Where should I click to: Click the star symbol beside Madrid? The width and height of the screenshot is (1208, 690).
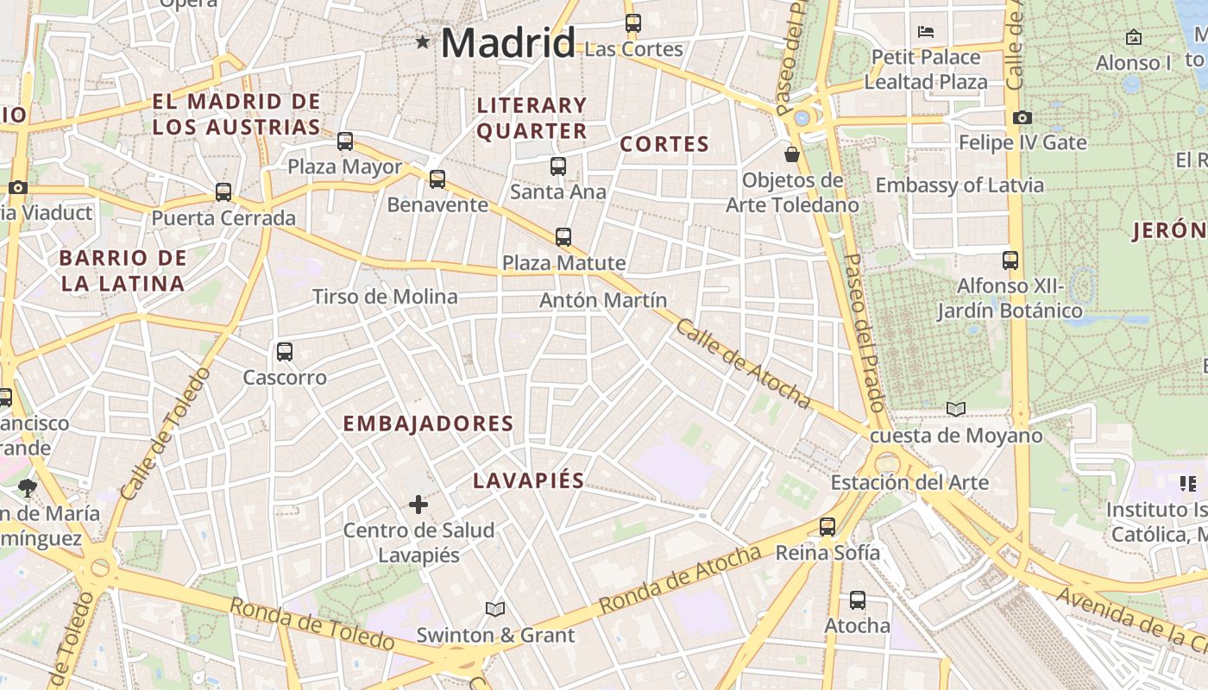tap(422, 41)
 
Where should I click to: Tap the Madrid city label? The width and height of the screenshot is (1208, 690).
tap(507, 42)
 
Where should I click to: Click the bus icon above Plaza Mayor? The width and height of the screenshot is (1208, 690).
tap(345, 141)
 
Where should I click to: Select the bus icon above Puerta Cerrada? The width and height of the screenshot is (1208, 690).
tap(223, 192)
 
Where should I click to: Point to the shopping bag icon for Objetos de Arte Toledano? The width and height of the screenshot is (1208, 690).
tap(791, 154)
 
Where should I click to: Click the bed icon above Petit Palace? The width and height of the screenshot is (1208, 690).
tap(926, 32)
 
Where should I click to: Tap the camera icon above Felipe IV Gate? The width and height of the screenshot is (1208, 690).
tap(1022, 117)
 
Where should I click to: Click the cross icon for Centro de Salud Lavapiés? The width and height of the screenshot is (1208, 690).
tap(418, 505)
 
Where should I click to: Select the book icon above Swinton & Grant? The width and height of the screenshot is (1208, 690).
tap(494, 610)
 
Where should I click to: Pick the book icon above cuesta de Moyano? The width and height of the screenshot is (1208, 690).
tap(955, 410)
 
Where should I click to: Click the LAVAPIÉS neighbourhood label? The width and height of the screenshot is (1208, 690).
tap(528, 481)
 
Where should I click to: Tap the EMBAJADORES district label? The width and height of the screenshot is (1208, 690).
tap(428, 423)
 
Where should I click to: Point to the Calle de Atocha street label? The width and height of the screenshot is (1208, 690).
tap(743, 364)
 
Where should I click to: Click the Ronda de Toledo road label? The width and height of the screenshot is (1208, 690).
tap(311, 624)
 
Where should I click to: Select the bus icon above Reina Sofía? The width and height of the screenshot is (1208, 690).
tap(827, 527)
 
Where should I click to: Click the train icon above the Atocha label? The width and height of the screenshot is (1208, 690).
tap(857, 600)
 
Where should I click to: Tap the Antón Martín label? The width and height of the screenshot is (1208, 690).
tap(603, 300)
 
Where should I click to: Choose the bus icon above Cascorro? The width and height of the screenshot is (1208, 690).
tap(285, 352)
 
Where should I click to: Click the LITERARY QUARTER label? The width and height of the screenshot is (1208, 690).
tap(532, 118)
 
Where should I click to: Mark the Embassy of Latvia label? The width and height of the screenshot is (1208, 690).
tap(959, 185)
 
